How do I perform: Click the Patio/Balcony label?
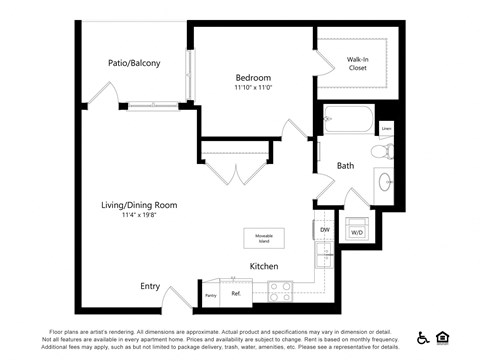(x=134, y=63)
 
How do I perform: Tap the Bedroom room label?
(x=253, y=77)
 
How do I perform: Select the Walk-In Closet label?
(x=357, y=64)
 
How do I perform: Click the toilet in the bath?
(x=380, y=152)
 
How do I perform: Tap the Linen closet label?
(x=386, y=128)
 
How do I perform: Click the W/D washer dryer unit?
(x=356, y=231)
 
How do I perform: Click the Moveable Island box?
(x=265, y=238)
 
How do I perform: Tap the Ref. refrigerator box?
(x=236, y=294)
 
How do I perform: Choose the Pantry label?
(x=210, y=295)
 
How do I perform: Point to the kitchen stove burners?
(x=278, y=292)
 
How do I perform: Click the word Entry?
(x=150, y=286)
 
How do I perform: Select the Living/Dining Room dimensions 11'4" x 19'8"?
(x=140, y=215)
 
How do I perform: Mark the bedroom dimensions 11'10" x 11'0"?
(x=253, y=88)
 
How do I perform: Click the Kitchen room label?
(x=264, y=266)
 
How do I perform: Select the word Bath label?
(x=345, y=166)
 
